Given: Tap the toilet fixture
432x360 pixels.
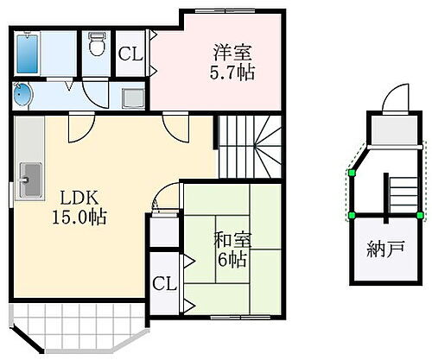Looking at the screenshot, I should click(96, 45).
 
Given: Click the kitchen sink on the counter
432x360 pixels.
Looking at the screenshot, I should click(29, 181).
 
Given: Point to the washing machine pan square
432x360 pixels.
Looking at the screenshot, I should click(133, 98).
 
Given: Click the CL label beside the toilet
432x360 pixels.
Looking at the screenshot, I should click(130, 53).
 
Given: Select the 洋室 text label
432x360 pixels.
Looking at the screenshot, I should click(227, 51).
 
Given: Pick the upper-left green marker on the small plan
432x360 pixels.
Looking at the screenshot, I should click(352, 174).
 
